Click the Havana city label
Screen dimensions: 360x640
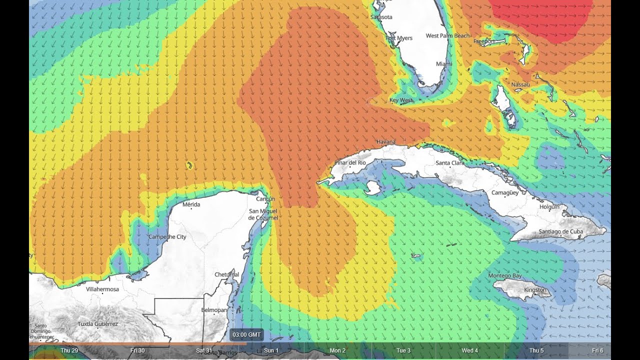click(385, 142)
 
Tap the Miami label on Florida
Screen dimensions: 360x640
click(443, 64)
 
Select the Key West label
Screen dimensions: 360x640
click(401, 100)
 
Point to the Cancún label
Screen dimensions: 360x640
click(265, 199)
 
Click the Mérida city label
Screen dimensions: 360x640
click(191, 204)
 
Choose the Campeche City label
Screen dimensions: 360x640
click(167, 236)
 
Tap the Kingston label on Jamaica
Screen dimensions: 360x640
click(535, 290)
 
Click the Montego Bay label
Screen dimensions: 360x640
click(504, 276)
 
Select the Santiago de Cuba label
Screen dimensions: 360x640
click(560, 231)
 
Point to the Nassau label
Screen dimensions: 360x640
click(520, 85)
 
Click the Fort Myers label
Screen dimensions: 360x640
click(399, 38)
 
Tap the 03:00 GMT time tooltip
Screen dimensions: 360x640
click(246, 334)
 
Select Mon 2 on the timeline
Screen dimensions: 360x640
click(337, 350)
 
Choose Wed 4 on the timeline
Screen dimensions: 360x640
click(469, 350)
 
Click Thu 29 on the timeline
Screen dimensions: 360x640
click(69, 350)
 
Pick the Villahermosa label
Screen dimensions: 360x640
click(102, 289)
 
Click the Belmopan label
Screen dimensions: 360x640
click(214, 310)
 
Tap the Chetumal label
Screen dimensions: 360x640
click(227, 275)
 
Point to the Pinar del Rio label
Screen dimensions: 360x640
click(350, 163)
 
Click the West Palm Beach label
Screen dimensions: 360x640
click(448, 36)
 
